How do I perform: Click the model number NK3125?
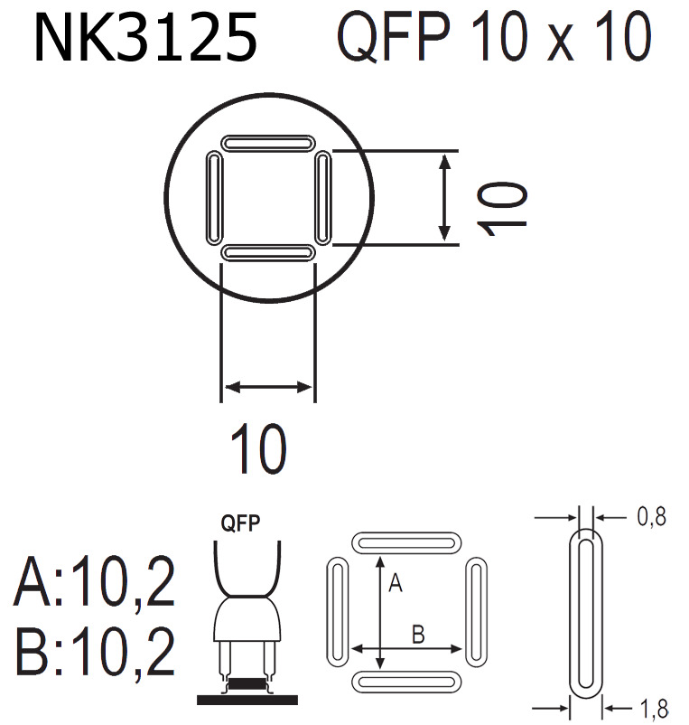(x=145, y=38)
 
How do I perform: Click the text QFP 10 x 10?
(x=493, y=38)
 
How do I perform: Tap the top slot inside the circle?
(x=268, y=143)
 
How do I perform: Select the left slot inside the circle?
(x=214, y=197)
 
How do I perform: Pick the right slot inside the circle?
(x=324, y=197)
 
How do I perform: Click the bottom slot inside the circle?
(x=268, y=253)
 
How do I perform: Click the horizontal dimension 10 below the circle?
(x=258, y=448)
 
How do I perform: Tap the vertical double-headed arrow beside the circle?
(x=444, y=197)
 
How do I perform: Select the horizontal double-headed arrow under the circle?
(x=268, y=387)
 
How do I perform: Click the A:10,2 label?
(x=95, y=584)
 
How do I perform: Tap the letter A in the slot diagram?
(x=394, y=585)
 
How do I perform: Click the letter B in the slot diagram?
(x=418, y=634)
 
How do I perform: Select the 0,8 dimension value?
(x=650, y=518)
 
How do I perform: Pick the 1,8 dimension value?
(x=650, y=710)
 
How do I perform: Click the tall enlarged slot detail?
(x=584, y=615)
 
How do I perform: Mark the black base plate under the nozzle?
(x=247, y=699)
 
